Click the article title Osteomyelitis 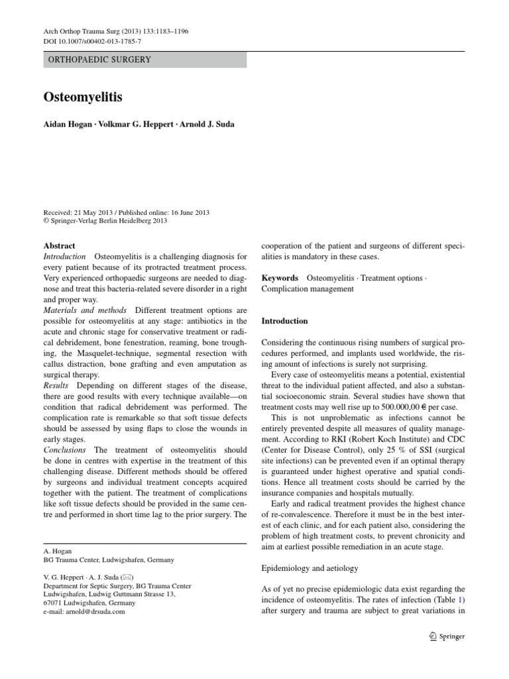tap(83, 97)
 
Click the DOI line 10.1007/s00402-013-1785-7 tap(92, 41)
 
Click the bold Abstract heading tap(60, 245)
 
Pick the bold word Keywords tap(280, 278)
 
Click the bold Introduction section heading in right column tap(285, 321)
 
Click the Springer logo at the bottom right tap(446, 636)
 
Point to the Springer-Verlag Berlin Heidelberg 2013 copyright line tap(105, 221)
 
